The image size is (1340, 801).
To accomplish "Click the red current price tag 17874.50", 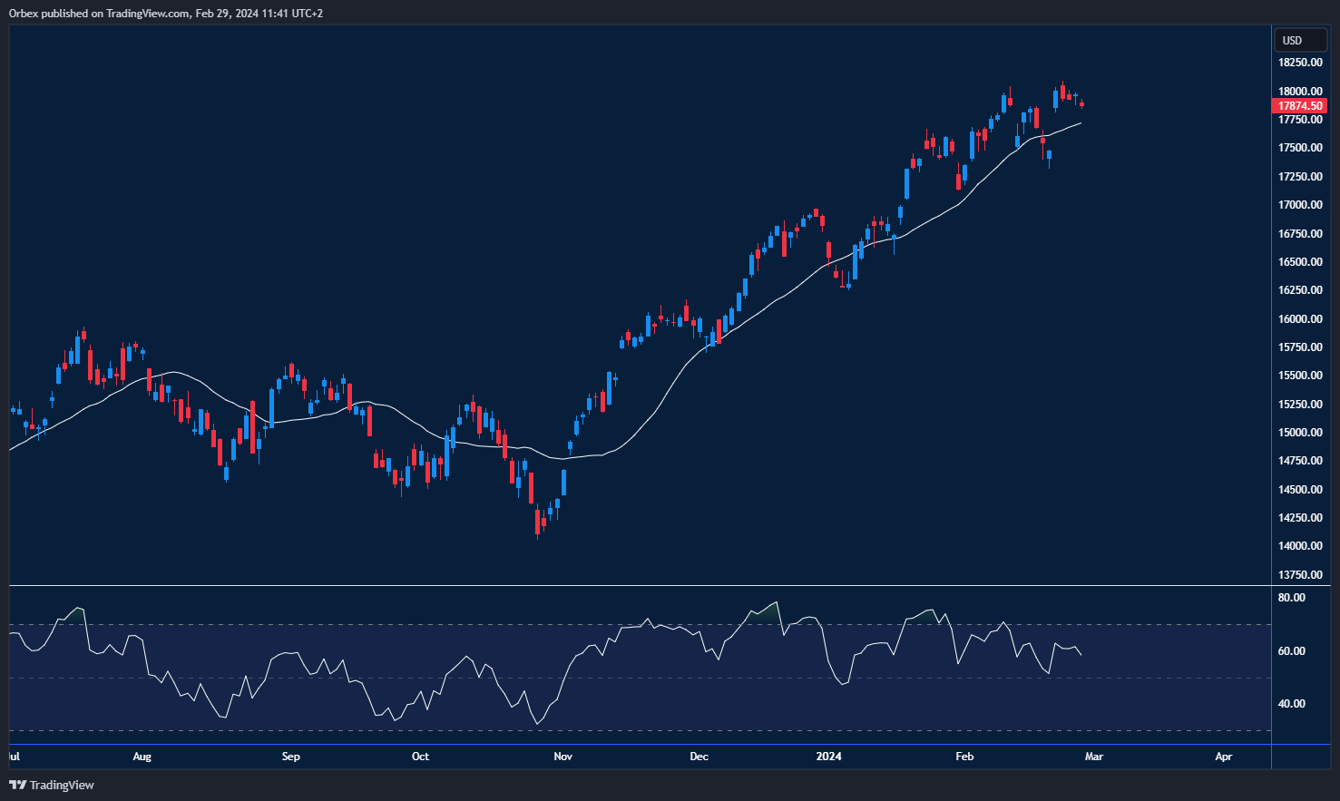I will [x=1300, y=106].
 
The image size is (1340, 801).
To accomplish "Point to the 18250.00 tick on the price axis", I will [x=1300, y=63].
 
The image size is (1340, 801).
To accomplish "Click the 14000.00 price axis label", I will [x=1300, y=546].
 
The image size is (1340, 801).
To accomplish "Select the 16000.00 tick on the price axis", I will [x=1300, y=319].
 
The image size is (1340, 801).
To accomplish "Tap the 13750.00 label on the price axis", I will [x=1300, y=575].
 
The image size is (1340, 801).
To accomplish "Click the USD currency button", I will [x=1293, y=40].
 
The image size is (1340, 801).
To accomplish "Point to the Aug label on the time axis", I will [x=142, y=757].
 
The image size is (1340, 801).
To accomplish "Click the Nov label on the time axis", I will [x=562, y=757].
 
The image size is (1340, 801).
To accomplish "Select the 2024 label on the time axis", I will [x=828, y=757].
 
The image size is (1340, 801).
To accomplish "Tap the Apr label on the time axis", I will [x=1223, y=757].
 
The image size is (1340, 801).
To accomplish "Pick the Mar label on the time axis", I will [x=1094, y=757].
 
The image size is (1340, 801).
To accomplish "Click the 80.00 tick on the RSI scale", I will [x=1291, y=598].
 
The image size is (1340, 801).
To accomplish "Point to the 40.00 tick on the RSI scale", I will [x=1291, y=704].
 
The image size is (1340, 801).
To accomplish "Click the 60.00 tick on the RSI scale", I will [x=1291, y=651].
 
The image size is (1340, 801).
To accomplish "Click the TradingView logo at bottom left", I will [x=52, y=785].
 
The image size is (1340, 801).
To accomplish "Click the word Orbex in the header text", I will [x=24, y=14].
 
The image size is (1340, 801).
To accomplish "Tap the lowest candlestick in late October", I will [x=538, y=522].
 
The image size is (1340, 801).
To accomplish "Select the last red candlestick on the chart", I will [x=1081, y=104].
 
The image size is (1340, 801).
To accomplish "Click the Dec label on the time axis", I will [x=699, y=757].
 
